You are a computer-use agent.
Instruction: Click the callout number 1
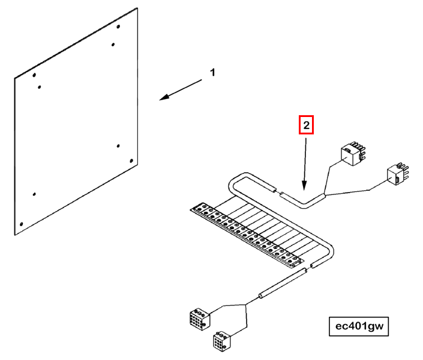coord(212,73)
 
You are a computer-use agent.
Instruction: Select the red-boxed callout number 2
coord(306,125)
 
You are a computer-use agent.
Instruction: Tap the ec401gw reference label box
coord(359,326)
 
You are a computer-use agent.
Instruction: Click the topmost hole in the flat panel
coord(118,26)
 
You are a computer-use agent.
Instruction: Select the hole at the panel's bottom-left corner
coord(22,224)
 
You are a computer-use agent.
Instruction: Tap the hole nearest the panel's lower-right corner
coord(131,161)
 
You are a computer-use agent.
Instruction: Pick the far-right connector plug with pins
coord(398,174)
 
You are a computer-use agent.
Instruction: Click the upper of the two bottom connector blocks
coord(200,319)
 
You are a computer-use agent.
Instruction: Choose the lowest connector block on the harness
coord(222,341)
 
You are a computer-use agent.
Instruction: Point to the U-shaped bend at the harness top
coord(238,177)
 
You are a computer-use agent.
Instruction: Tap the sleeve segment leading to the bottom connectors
coord(283,284)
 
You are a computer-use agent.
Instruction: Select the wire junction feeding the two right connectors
coord(325,195)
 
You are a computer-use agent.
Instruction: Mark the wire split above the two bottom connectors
coord(245,305)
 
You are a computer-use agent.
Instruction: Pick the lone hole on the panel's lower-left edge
coord(34,194)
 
